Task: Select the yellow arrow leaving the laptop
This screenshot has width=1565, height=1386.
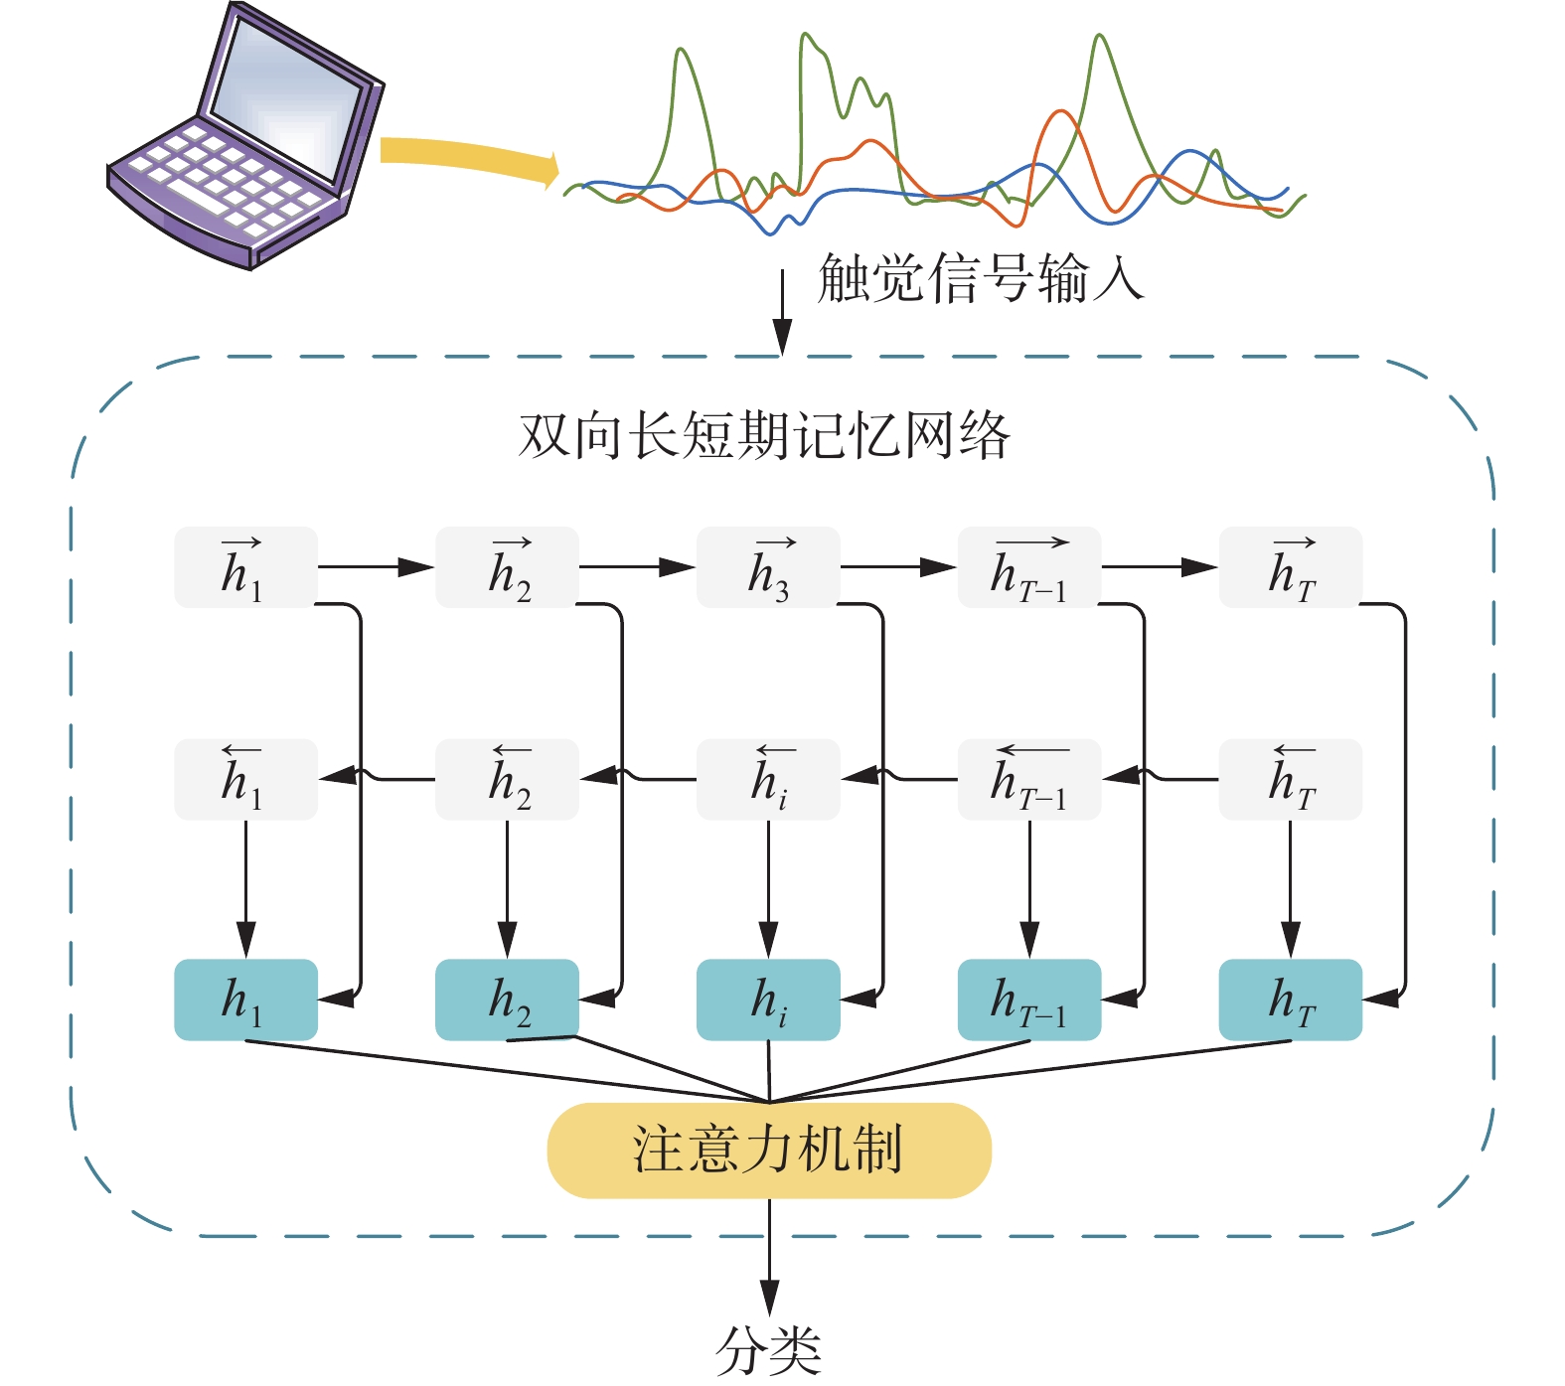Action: [468, 159]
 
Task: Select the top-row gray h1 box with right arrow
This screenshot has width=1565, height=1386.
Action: [245, 567]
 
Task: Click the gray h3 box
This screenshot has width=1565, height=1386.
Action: [768, 567]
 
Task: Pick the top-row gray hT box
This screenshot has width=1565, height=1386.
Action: [1291, 567]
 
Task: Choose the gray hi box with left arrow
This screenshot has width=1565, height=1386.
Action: [768, 779]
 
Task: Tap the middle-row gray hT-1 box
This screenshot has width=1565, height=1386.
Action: [1029, 779]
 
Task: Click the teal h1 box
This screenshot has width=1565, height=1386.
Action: [245, 1000]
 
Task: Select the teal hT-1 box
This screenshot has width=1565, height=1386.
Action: [1029, 1000]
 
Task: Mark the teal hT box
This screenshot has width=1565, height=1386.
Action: [1291, 1000]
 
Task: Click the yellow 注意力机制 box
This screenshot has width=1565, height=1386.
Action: [769, 1150]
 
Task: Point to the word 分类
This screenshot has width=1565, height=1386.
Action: [768, 1350]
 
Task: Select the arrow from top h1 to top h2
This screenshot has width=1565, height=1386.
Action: [377, 567]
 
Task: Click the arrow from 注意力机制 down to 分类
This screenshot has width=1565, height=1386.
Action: [769, 1257]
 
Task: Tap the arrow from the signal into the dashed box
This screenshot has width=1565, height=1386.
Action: [783, 311]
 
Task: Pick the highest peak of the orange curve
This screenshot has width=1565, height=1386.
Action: [1060, 111]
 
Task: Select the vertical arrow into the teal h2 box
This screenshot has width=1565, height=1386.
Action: [507, 889]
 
